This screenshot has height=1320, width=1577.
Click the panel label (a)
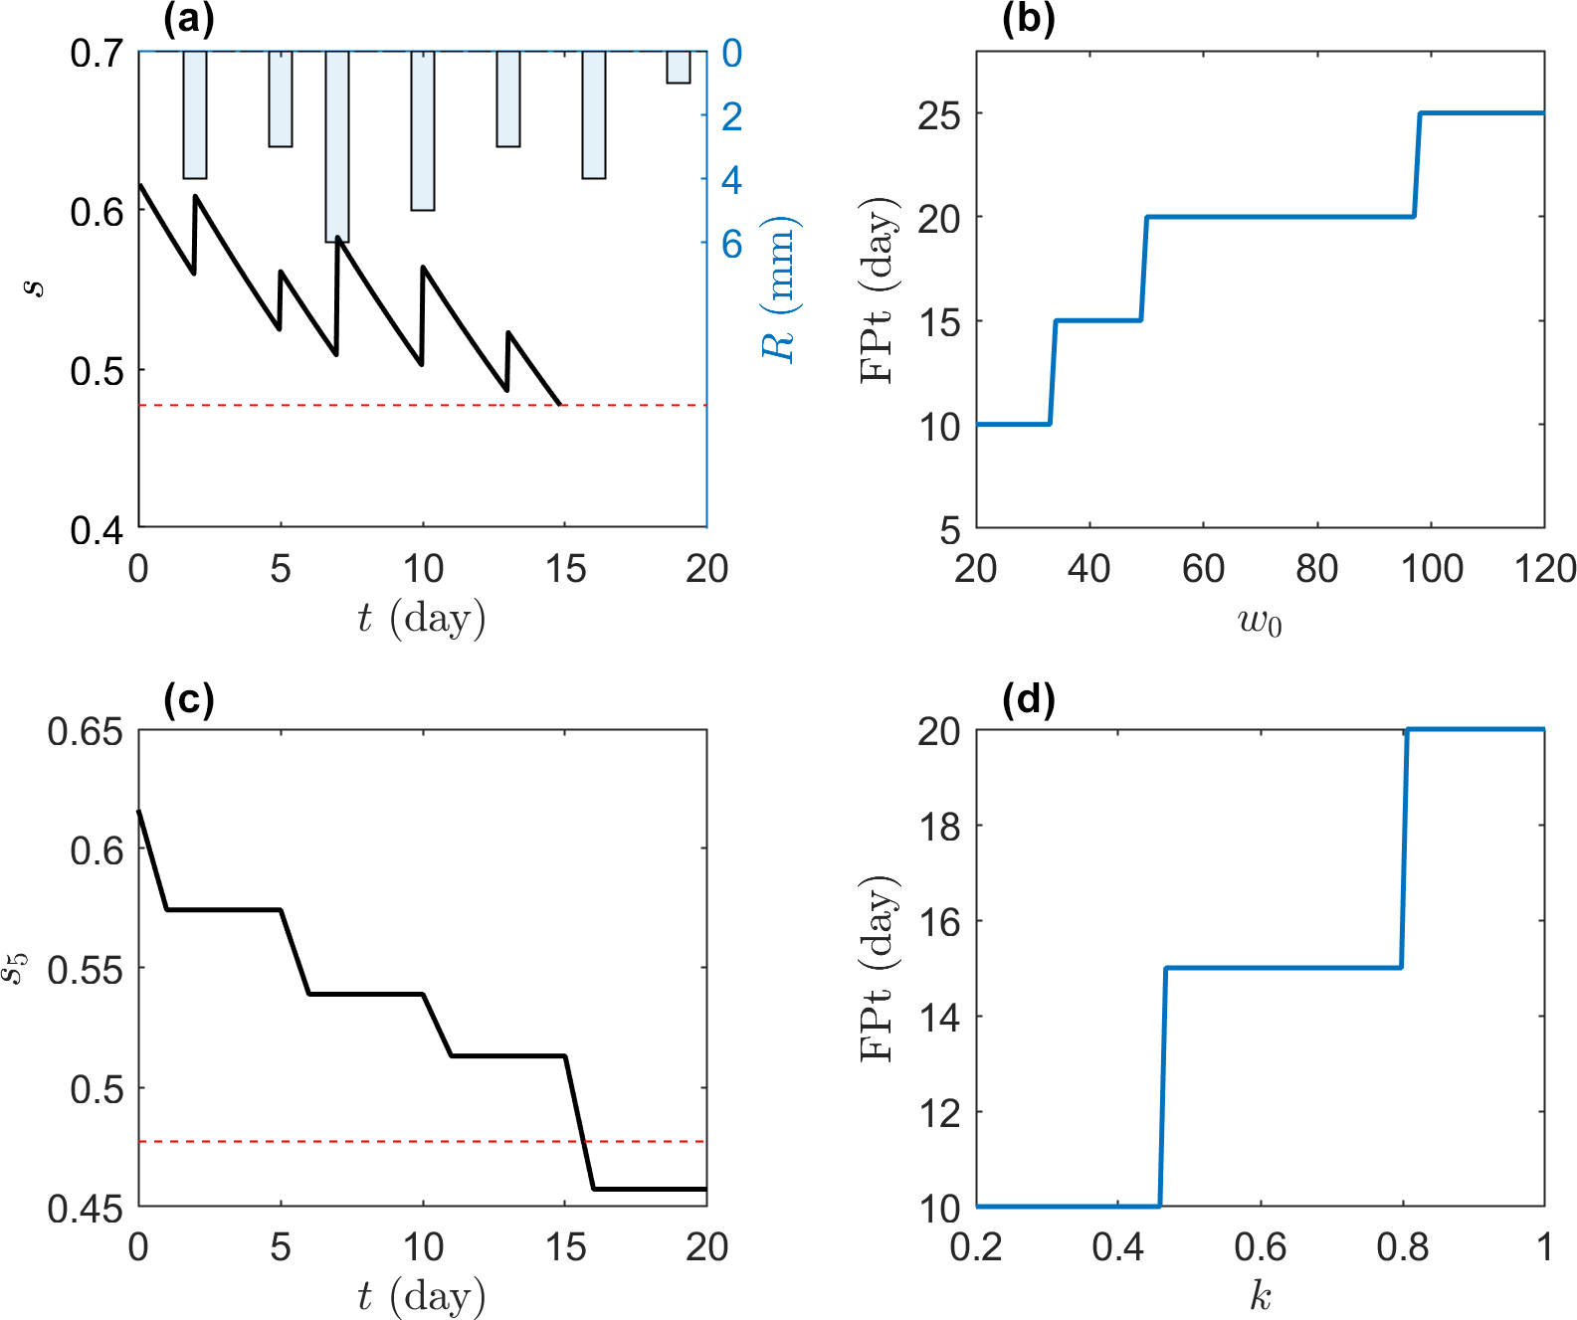pos(188,20)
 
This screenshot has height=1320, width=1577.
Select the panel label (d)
pos(1028,699)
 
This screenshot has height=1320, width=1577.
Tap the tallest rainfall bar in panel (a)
pos(337,146)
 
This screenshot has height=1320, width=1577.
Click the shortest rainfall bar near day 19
pos(679,67)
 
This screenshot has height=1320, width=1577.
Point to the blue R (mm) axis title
pos(779,288)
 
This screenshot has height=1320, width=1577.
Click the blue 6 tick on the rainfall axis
pos(732,244)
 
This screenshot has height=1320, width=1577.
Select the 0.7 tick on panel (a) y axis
pos(97,53)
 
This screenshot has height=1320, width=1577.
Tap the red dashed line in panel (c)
pos(398,1141)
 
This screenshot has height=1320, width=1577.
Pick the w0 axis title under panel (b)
pos(1260,623)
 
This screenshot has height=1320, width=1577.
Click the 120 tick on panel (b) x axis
pos(1544,569)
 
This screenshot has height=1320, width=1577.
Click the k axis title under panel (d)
pos(1261,1296)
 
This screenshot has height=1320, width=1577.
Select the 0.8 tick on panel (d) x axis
pos(1402,1247)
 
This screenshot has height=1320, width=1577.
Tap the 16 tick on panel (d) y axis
pos(939,922)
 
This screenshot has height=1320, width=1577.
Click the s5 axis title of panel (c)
pos(14,968)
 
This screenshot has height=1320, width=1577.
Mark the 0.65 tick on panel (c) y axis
pos(86,732)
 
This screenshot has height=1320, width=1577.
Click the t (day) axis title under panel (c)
pos(422,1296)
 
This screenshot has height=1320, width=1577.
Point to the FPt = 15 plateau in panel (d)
pos(1283,968)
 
